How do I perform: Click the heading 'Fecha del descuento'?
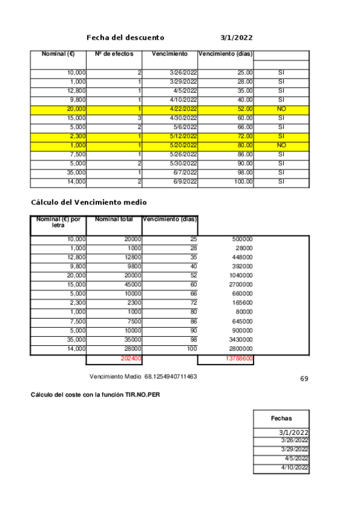tap(125, 37)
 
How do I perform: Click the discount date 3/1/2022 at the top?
tap(236, 37)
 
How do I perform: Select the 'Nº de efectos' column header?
tap(114, 54)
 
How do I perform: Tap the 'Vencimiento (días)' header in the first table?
tap(225, 54)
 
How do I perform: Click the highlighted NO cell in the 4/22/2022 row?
tap(281, 109)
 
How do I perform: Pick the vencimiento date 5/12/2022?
tap(184, 137)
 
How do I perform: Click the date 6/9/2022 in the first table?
tap(185, 182)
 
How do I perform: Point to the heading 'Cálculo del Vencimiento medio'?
tap(88, 202)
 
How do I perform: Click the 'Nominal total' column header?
tap(114, 220)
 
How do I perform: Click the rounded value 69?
tap(304, 379)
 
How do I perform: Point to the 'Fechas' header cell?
tap(281, 417)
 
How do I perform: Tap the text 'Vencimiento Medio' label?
tap(115, 376)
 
